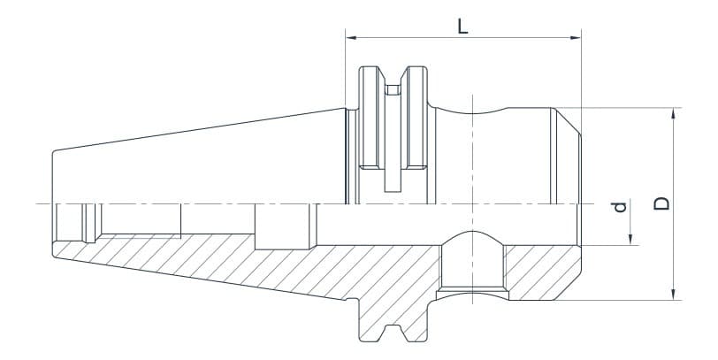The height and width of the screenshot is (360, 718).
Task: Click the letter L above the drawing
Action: pos(462,25)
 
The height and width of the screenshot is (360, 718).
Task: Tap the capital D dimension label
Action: pos(661,203)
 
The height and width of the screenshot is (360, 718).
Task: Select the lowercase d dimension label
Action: pos(620,207)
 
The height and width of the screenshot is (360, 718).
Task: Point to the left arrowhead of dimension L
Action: pos(350,38)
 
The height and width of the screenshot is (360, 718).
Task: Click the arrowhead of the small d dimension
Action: pos(631,239)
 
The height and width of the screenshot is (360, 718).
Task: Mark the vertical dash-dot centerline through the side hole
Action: pos(472,177)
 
